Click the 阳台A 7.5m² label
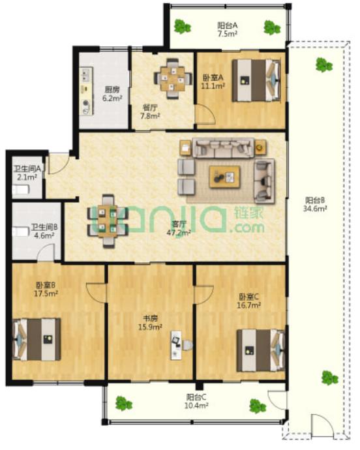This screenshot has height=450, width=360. (227, 29)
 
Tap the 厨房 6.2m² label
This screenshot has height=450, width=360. (112, 94)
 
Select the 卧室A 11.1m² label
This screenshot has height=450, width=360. (213, 82)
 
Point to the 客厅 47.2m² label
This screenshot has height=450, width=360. (179, 228)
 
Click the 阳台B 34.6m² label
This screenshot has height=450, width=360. (315, 204)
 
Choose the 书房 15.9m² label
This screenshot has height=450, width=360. (151, 323)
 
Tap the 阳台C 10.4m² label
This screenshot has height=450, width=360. (196, 401)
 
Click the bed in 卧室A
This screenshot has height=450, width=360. (256, 80)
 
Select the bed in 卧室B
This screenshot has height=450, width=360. (36, 339)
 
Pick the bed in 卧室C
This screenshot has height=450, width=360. (260, 351)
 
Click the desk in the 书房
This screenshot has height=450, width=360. (176, 345)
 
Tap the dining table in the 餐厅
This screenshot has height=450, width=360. (173, 78)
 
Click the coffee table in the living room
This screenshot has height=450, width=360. (224, 177)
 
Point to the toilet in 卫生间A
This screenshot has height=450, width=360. (21, 189)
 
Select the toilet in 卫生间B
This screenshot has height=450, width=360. (21, 232)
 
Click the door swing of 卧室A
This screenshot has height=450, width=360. (205, 115)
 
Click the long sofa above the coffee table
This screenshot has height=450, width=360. (223, 148)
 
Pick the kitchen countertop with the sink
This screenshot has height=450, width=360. (86, 91)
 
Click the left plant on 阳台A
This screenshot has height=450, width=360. (182, 27)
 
